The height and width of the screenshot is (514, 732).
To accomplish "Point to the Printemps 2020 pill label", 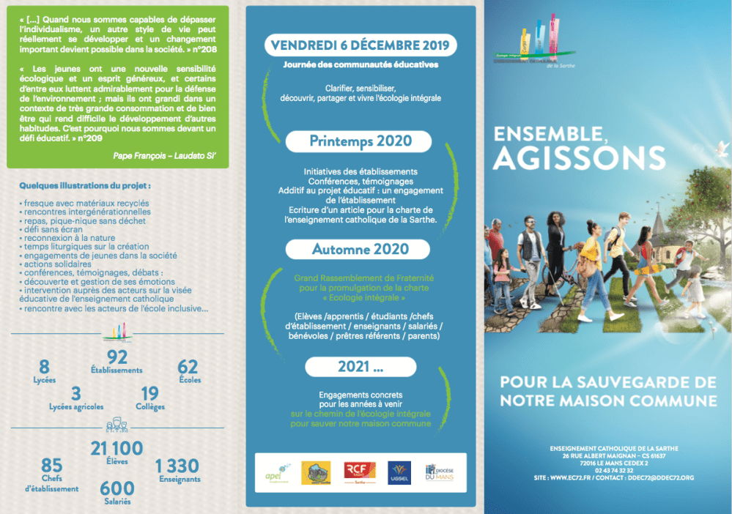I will click(360, 141).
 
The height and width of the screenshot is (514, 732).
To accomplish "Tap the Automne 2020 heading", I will click(360, 249).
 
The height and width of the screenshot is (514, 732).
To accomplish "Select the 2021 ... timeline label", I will click(360, 366).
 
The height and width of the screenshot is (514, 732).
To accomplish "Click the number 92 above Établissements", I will click(117, 357).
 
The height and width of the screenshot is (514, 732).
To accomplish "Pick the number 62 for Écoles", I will click(188, 367).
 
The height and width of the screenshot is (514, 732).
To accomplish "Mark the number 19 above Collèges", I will click(149, 393).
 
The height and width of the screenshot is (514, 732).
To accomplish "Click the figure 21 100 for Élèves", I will click(117, 448).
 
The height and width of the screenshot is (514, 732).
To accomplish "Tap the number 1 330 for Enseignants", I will click(177, 466).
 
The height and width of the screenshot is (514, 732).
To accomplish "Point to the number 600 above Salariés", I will click(117, 488).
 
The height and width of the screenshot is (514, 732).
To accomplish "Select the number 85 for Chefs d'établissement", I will click(51, 466).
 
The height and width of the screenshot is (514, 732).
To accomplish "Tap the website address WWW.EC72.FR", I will click(572, 477).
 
